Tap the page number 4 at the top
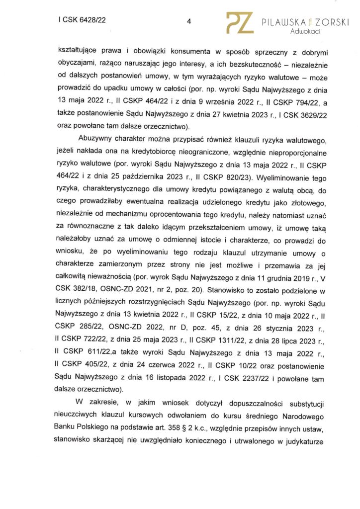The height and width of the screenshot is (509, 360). (189, 21)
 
